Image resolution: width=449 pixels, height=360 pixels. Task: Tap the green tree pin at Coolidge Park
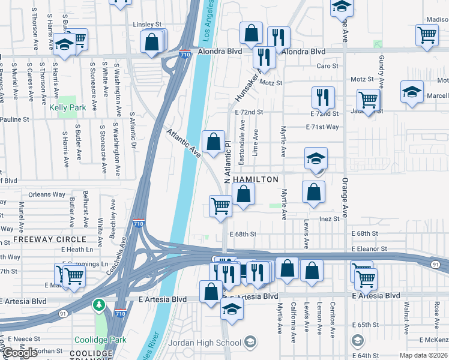point(99,306)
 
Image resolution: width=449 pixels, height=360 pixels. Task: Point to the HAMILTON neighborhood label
point(256,179)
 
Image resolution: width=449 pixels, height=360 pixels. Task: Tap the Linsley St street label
point(148,25)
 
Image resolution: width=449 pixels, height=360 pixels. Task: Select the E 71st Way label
point(322,127)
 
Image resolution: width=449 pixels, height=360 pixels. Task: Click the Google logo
point(20,353)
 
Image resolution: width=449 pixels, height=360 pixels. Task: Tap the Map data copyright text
point(424,355)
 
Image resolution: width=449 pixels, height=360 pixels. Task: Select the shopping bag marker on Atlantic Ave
point(213,142)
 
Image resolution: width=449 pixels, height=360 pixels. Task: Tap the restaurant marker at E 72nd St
point(323,97)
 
